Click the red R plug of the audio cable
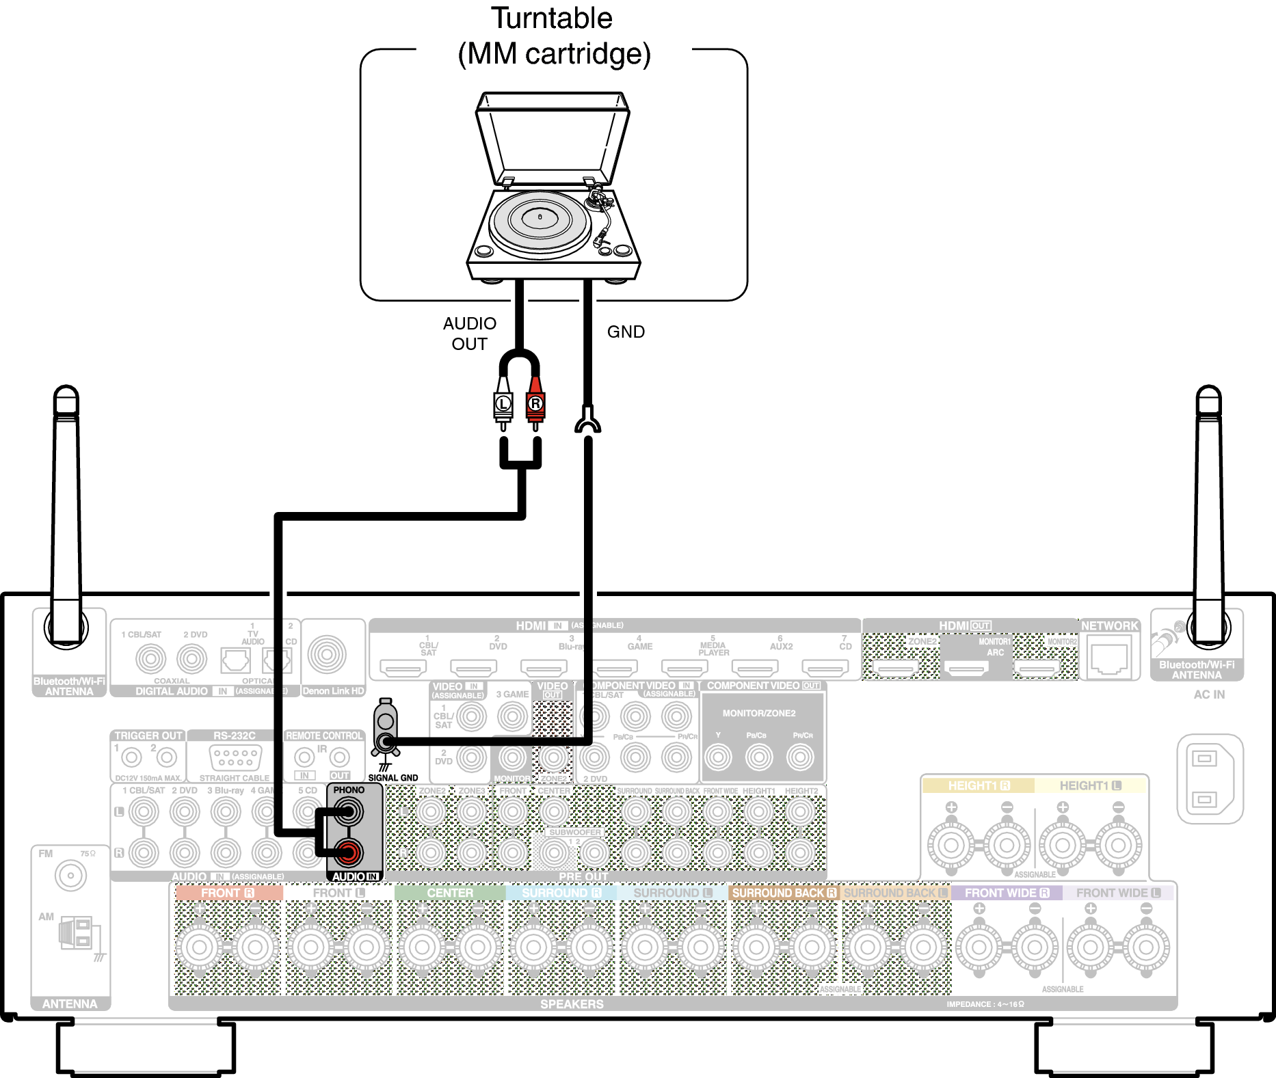point(535,404)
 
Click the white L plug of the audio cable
point(503,404)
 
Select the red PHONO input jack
point(348,852)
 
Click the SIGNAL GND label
point(393,778)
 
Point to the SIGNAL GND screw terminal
point(386,740)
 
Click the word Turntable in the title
point(552,18)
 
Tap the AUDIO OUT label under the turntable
point(469,334)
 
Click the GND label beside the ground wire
point(626,332)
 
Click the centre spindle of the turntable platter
point(540,217)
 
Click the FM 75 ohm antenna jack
point(70,876)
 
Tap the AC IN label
point(1209,695)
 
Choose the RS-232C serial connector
point(235,757)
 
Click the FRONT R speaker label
point(228,893)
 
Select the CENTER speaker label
point(449,893)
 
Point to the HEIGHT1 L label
point(1090,785)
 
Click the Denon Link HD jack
point(327,655)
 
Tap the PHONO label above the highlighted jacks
point(349,790)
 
